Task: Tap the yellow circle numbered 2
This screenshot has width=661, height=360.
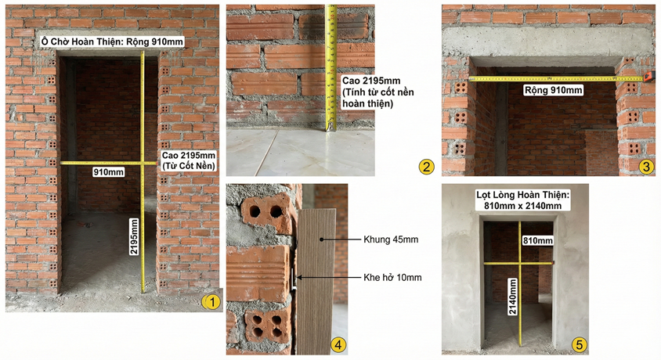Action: (426, 166)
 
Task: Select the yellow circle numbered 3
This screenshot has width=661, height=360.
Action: (645, 166)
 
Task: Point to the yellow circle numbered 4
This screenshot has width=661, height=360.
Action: (337, 345)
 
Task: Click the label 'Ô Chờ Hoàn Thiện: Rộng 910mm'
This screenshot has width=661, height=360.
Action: (113, 41)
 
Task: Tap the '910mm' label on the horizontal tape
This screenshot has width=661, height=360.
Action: (109, 171)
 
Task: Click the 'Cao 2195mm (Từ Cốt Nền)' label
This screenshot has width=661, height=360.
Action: (189, 160)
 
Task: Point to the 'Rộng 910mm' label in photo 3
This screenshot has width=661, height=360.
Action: (554, 90)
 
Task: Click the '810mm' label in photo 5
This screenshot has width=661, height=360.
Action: (537, 239)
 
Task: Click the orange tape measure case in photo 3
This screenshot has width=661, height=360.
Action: (648, 77)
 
